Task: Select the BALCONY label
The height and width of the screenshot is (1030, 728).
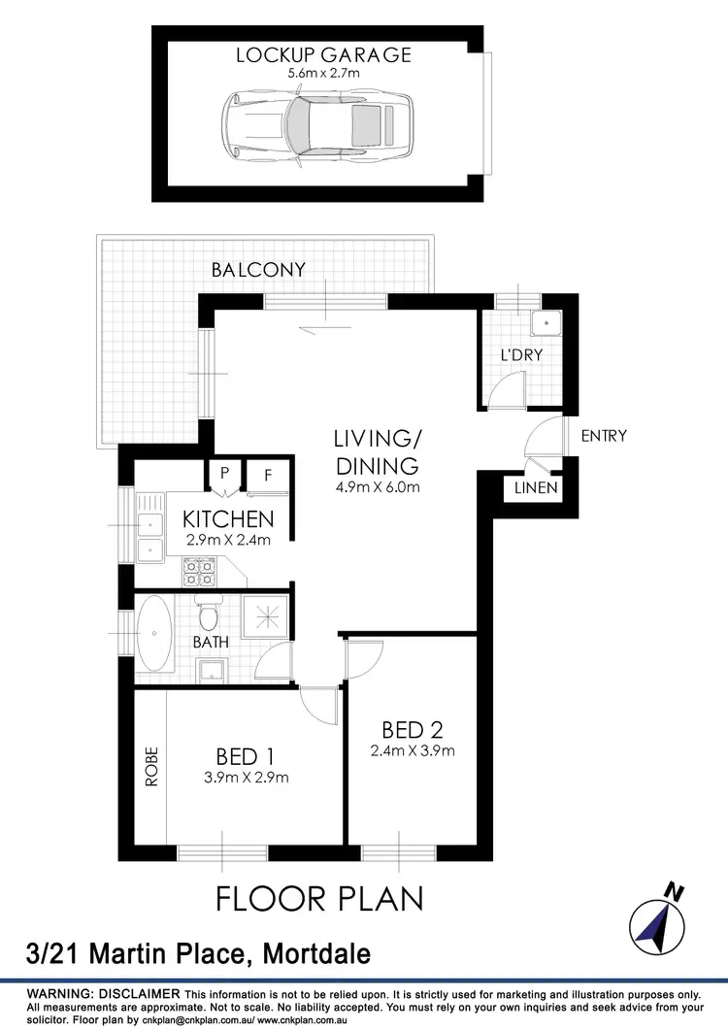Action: [258, 270]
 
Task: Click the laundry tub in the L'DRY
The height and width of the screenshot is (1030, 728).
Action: [546, 320]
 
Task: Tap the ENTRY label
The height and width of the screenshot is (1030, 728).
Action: [604, 436]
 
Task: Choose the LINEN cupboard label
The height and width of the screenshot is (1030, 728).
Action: [537, 487]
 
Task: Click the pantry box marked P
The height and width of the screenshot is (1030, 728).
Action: [224, 474]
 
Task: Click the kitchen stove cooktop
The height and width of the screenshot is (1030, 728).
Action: [198, 573]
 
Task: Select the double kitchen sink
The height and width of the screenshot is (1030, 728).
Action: [150, 538]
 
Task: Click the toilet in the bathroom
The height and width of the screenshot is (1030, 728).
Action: [207, 615]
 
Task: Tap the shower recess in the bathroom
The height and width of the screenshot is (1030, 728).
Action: [263, 615]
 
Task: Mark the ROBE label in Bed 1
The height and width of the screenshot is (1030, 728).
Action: [150, 766]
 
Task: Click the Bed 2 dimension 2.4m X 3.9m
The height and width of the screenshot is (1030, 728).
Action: [413, 749]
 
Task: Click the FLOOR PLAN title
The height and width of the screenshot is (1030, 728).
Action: [319, 898]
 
